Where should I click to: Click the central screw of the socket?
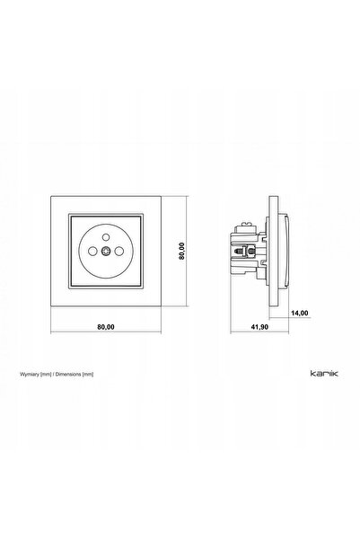[106, 252]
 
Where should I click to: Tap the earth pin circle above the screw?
[106, 237]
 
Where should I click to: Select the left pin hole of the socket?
[92, 252]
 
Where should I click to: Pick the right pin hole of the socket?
[119, 252]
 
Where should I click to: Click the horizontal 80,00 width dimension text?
[106, 327]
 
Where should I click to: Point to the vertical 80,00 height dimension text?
[181, 251]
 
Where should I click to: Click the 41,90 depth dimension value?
[259, 327]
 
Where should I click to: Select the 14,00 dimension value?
[300, 313]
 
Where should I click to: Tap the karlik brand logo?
[324, 373]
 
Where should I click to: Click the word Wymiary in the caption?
[30, 375]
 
